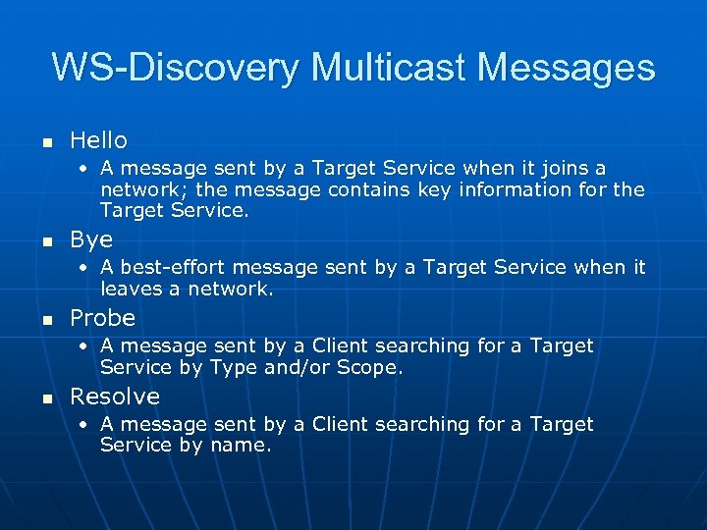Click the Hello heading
(x=98, y=140)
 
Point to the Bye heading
(x=91, y=239)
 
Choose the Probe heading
(x=102, y=318)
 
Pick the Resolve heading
(x=114, y=397)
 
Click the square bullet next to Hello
(x=44, y=143)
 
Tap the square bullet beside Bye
(x=44, y=241)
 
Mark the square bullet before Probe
(x=44, y=320)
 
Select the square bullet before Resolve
(x=44, y=398)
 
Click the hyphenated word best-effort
(x=168, y=267)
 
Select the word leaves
(x=130, y=289)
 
